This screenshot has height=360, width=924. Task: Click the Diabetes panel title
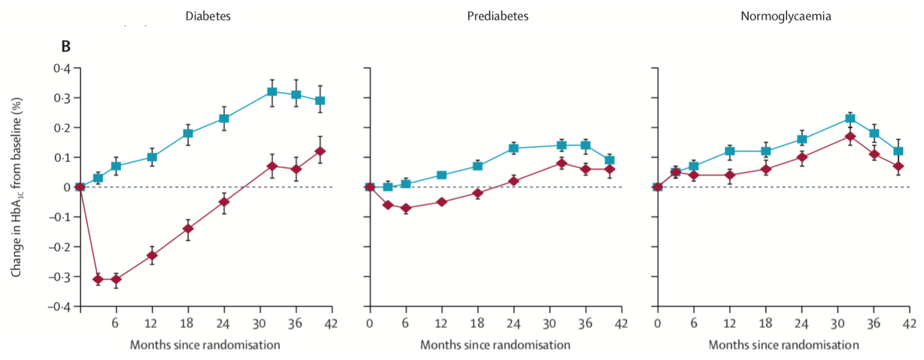(x=208, y=16)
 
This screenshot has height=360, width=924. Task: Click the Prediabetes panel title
(x=497, y=16)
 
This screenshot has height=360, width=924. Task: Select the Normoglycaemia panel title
(x=785, y=16)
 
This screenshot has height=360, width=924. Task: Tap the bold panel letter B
(x=66, y=46)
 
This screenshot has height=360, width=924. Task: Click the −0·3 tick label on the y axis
(x=59, y=276)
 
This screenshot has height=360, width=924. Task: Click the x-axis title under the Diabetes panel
(x=205, y=345)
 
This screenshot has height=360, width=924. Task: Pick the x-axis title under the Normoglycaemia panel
(x=784, y=345)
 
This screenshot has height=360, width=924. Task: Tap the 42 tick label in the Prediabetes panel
(x=621, y=323)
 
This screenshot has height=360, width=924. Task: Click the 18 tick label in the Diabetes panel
(x=186, y=323)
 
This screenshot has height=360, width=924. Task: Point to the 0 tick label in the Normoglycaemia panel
(x=658, y=323)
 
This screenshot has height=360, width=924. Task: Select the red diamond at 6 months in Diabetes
(x=116, y=279)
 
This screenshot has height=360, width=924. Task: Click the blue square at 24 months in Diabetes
(x=223, y=118)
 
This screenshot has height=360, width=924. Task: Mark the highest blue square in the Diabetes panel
(x=272, y=92)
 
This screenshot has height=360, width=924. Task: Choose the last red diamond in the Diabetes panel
(x=320, y=152)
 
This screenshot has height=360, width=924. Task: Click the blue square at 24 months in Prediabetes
(x=513, y=148)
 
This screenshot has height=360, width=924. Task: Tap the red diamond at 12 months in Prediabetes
(x=442, y=202)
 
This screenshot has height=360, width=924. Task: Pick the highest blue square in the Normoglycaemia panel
(x=850, y=118)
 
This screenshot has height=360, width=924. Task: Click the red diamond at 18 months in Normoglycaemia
(x=766, y=170)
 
